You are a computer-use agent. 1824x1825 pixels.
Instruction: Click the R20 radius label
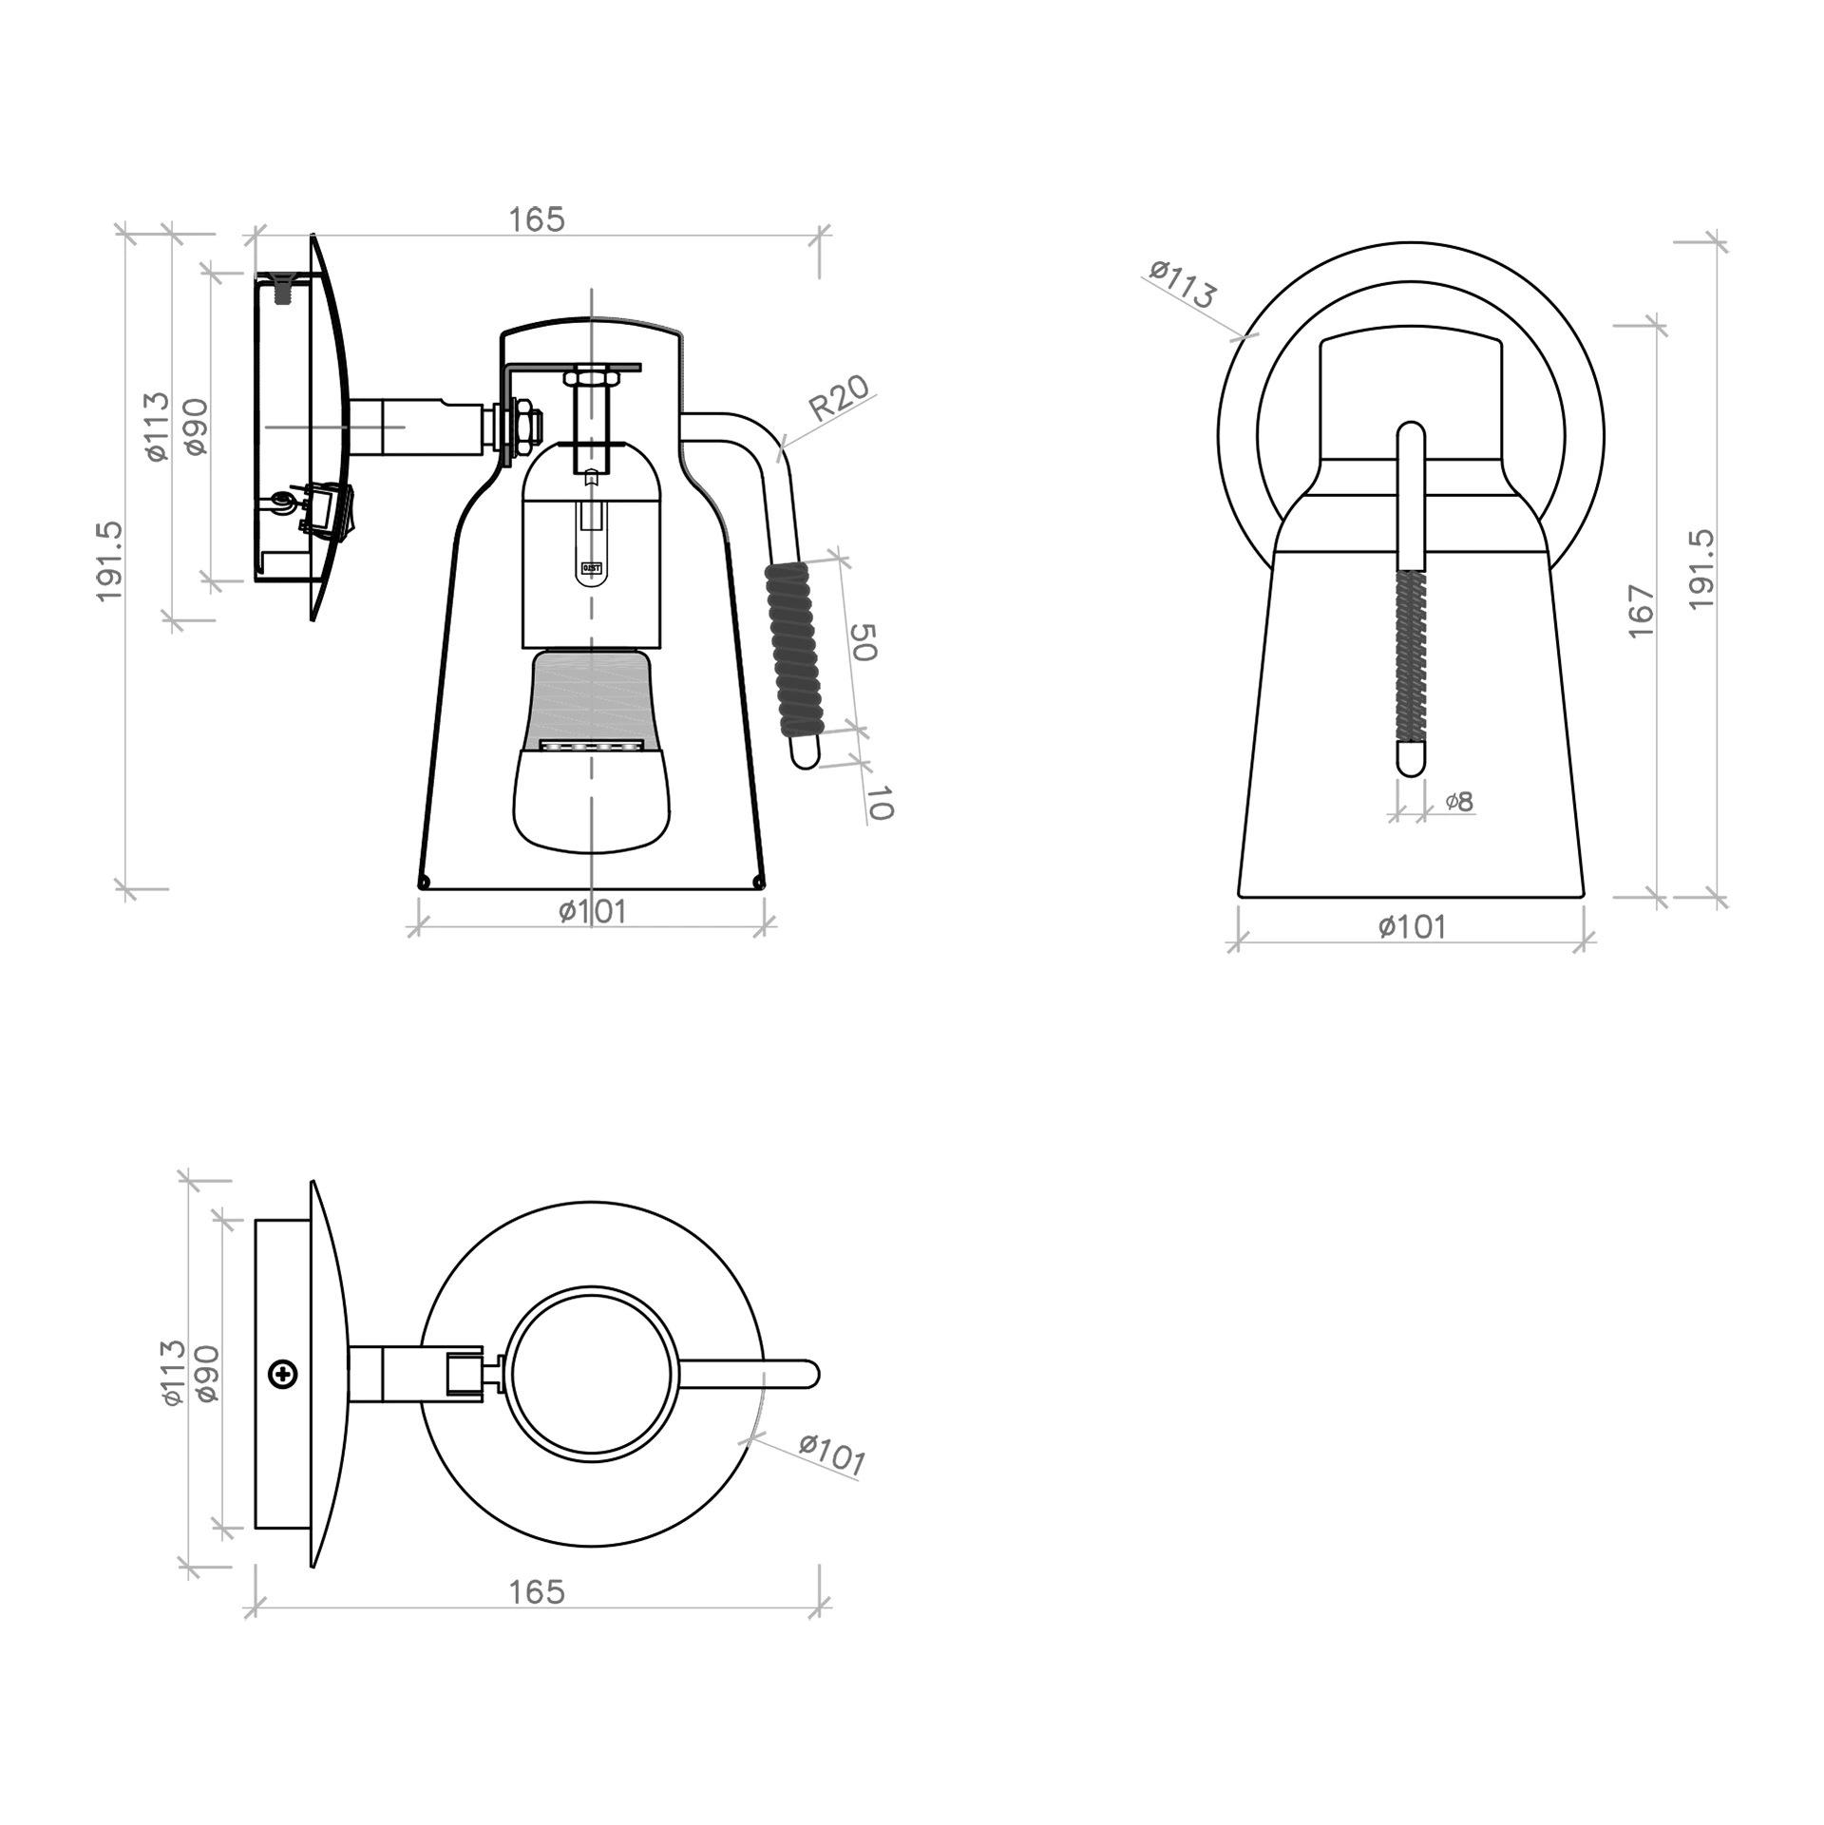[839, 398]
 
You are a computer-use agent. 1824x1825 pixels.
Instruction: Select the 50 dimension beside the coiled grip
[862, 642]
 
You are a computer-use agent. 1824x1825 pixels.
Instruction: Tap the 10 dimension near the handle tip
[880, 803]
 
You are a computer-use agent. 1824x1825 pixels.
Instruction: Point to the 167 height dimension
[1642, 612]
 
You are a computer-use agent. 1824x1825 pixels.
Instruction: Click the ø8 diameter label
[1459, 802]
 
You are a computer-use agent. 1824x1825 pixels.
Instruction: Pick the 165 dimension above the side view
[537, 219]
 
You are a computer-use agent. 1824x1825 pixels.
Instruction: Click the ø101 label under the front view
[1413, 926]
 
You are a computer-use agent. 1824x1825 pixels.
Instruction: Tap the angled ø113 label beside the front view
[1182, 283]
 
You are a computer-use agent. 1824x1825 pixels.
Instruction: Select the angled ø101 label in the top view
[832, 1455]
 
